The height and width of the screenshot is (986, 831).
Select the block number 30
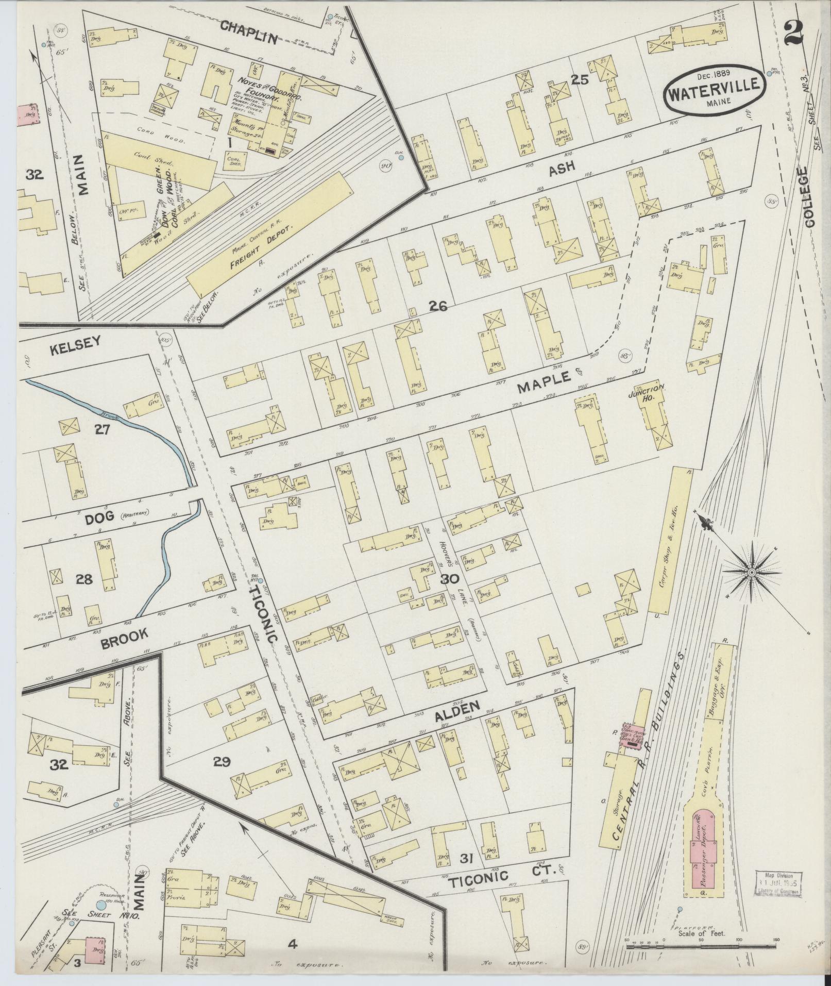tap(449, 579)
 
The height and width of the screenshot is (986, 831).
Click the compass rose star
tap(752, 573)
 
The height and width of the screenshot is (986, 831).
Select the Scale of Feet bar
tap(701, 947)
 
